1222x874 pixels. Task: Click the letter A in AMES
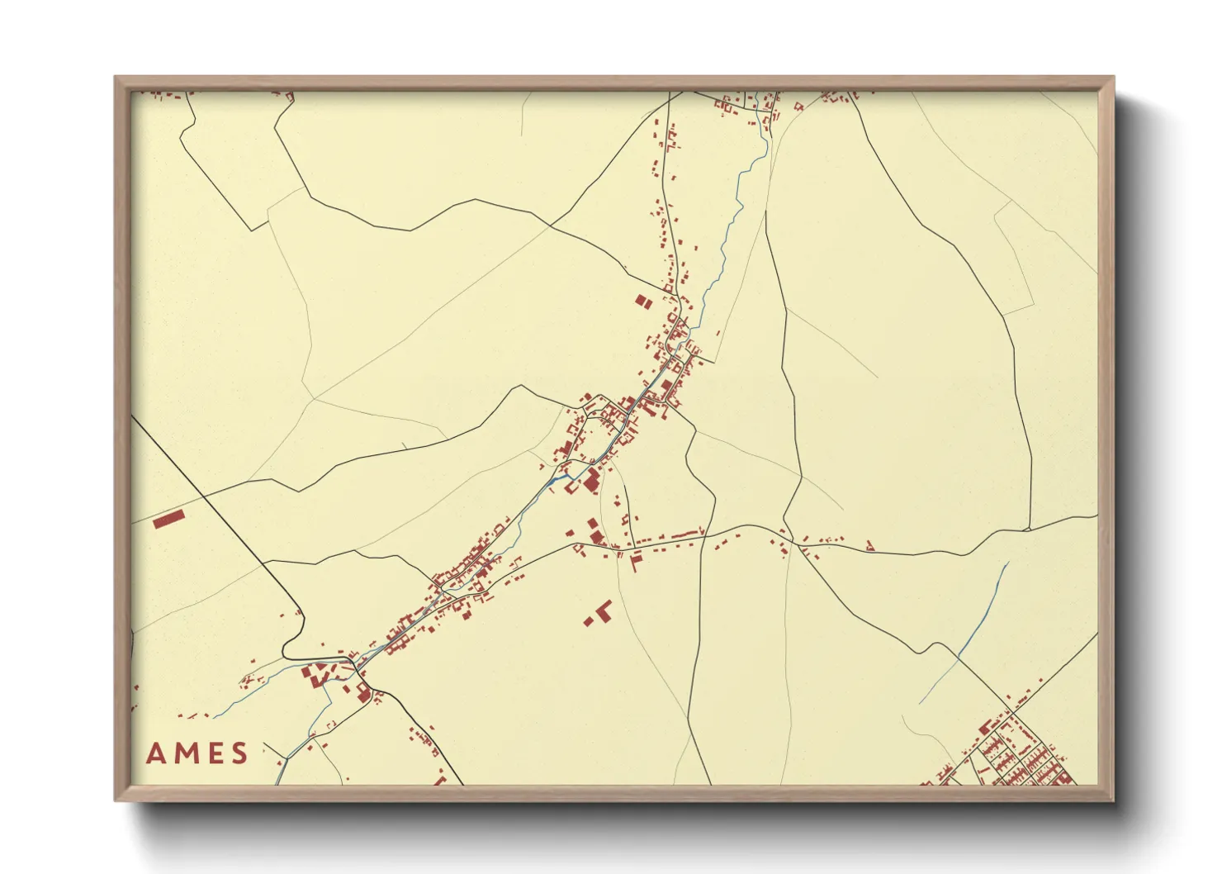(154, 753)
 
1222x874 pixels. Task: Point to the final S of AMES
(239, 753)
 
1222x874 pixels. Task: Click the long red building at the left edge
(169, 519)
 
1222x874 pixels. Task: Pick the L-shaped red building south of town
(604, 610)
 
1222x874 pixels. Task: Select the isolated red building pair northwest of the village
(643, 302)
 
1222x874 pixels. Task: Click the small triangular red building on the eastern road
(869, 545)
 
